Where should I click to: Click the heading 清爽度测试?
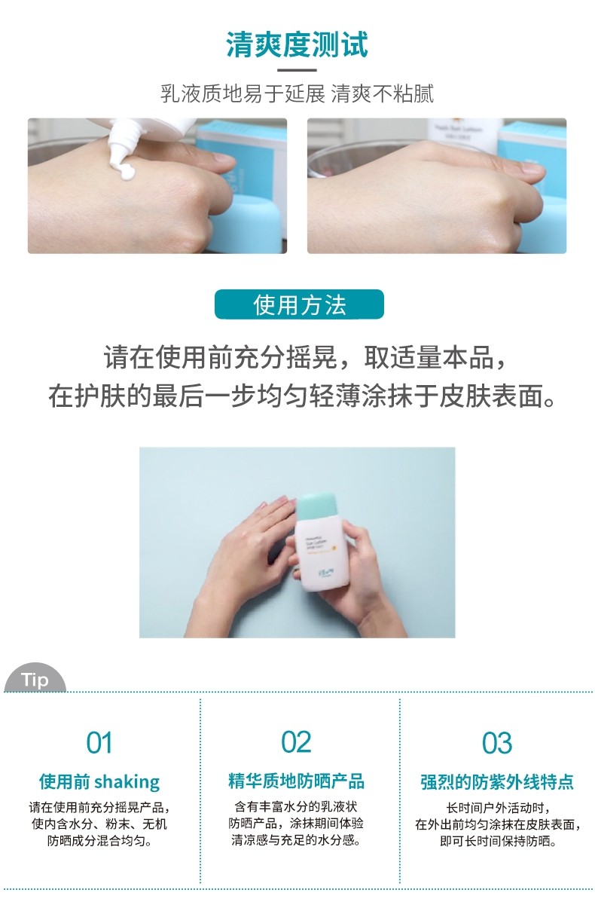tap(297, 45)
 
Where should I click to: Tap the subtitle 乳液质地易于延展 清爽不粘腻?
tap(297, 94)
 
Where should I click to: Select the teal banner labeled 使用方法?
tap(299, 305)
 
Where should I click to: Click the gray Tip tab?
tap(35, 680)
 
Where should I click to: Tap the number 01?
tap(99, 743)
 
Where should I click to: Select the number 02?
tap(296, 742)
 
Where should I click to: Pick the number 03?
tap(497, 743)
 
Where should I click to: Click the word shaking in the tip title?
tap(127, 781)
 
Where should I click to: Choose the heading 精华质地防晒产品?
tap(296, 781)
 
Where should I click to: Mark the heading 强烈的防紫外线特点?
tap(497, 781)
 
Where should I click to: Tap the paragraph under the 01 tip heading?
tap(99, 823)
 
